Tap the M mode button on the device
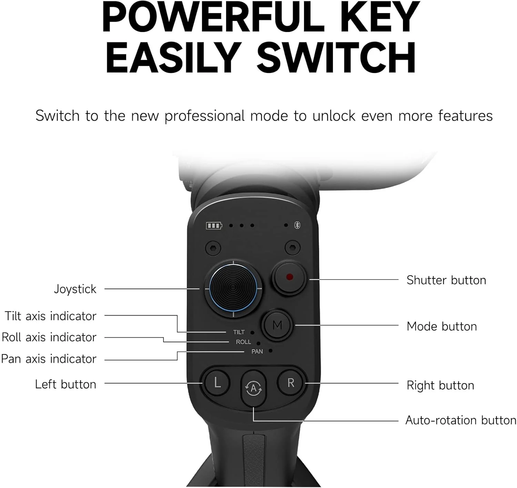(277, 325)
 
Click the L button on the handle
(217, 383)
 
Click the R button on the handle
(291, 383)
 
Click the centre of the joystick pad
(233, 288)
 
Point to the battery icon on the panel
(214, 225)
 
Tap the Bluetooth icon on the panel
(297, 225)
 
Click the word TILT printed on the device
(239, 332)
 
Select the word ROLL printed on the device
(243, 342)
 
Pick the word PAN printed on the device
(257, 352)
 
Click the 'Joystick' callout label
(75, 289)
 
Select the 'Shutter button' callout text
(446, 280)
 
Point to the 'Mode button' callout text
(442, 326)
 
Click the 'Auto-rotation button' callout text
(461, 420)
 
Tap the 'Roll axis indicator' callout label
(49, 337)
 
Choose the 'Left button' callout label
(65, 384)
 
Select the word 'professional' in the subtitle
(205, 116)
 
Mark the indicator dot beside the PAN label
(271, 351)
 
